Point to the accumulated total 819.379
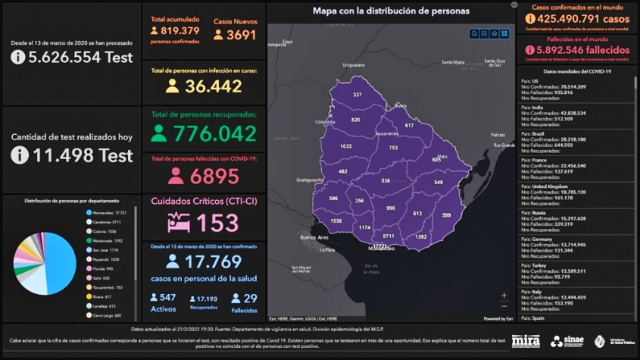pyautogui.click(x=180, y=31)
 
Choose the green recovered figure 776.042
pyautogui.click(x=214, y=133)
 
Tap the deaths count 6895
pyautogui.click(x=214, y=176)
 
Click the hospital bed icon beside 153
pyautogui.click(x=180, y=223)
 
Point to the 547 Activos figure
pyautogui.click(x=168, y=298)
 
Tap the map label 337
pyautogui.click(x=357, y=95)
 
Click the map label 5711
pyautogui.click(x=388, y=236)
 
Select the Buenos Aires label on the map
pyautogui.click(x=313, y=237)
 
